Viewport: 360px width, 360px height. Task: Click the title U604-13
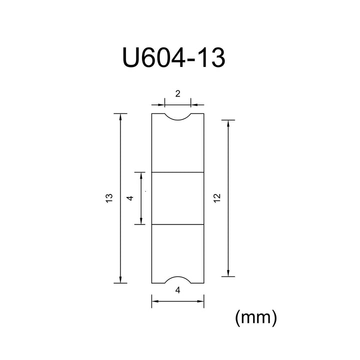(174, 57)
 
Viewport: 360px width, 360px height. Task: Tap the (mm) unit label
(256, 317)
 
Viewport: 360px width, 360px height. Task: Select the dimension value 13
(109, 198)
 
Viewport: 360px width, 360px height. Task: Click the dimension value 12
(217, 198)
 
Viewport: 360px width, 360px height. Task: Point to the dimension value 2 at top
(177, 93)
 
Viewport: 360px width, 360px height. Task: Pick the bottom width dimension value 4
(177, 290)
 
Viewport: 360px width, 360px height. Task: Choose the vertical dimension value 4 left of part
(130, 198)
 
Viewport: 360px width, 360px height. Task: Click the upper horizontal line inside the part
(177, 172)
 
